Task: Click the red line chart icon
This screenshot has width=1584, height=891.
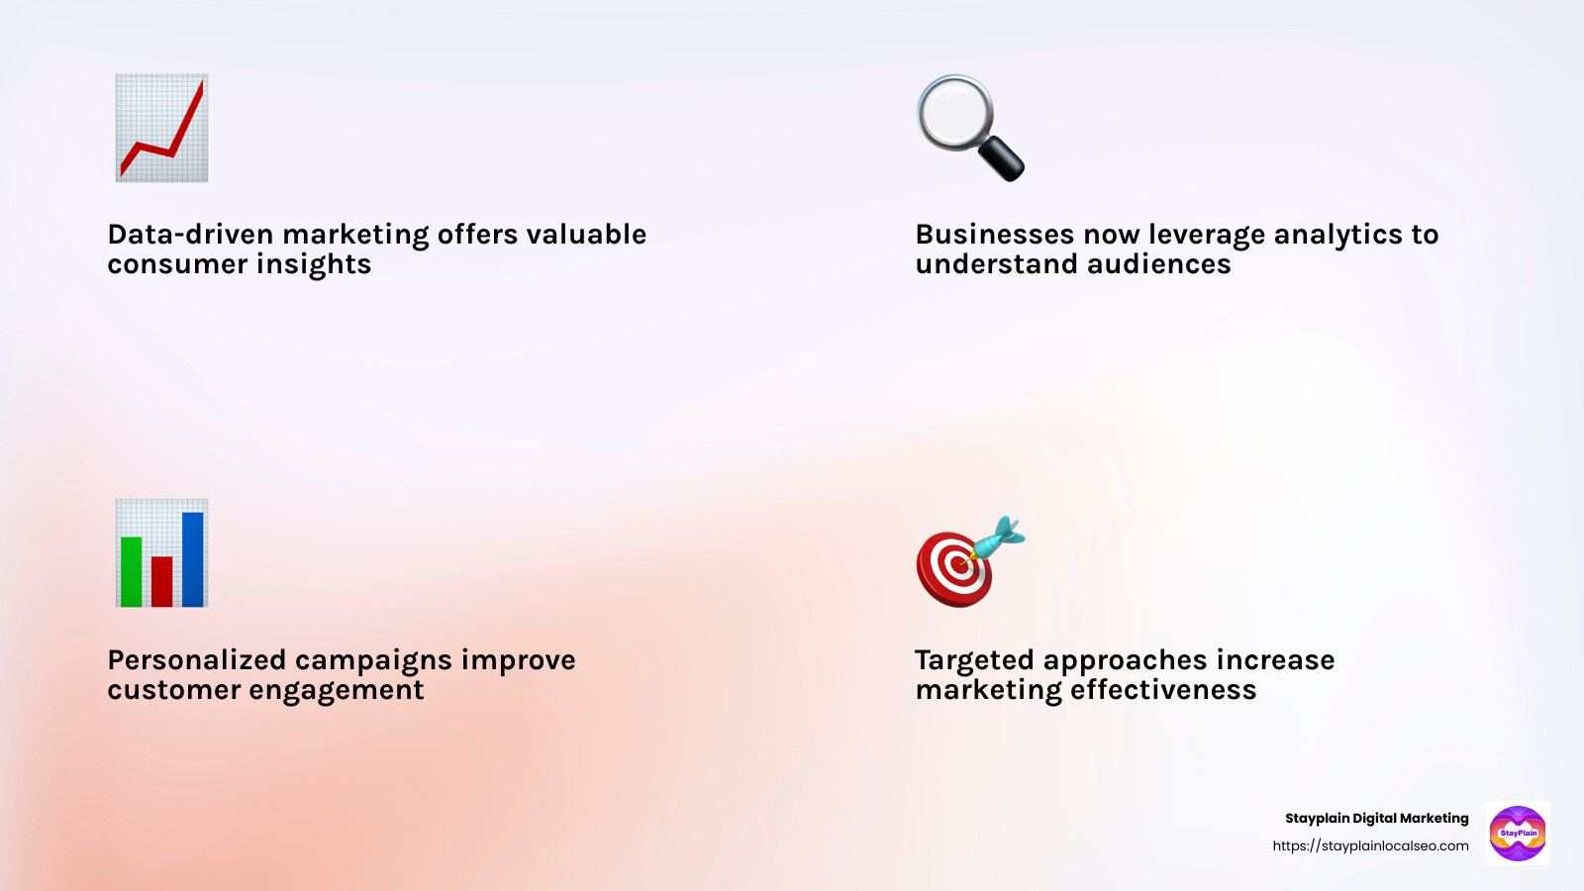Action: (x=161, y=128)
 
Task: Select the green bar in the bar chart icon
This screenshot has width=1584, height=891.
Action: (x=131, y=571)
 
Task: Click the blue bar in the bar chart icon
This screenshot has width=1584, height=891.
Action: (x=193, y=558)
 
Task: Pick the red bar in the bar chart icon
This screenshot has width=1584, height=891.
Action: (x=162, y=581)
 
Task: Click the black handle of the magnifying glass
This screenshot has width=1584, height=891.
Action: (x=1001, y=158)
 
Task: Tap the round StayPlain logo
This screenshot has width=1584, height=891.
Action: (x=1518, y=834)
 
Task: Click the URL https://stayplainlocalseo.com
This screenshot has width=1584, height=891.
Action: (x=1370, y=845)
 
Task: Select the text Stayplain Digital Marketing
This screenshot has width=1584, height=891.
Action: (x=1376, y=818)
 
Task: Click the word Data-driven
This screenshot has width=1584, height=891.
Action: (x=190, y=235)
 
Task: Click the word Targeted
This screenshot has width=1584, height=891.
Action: (x=974, y=660)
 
